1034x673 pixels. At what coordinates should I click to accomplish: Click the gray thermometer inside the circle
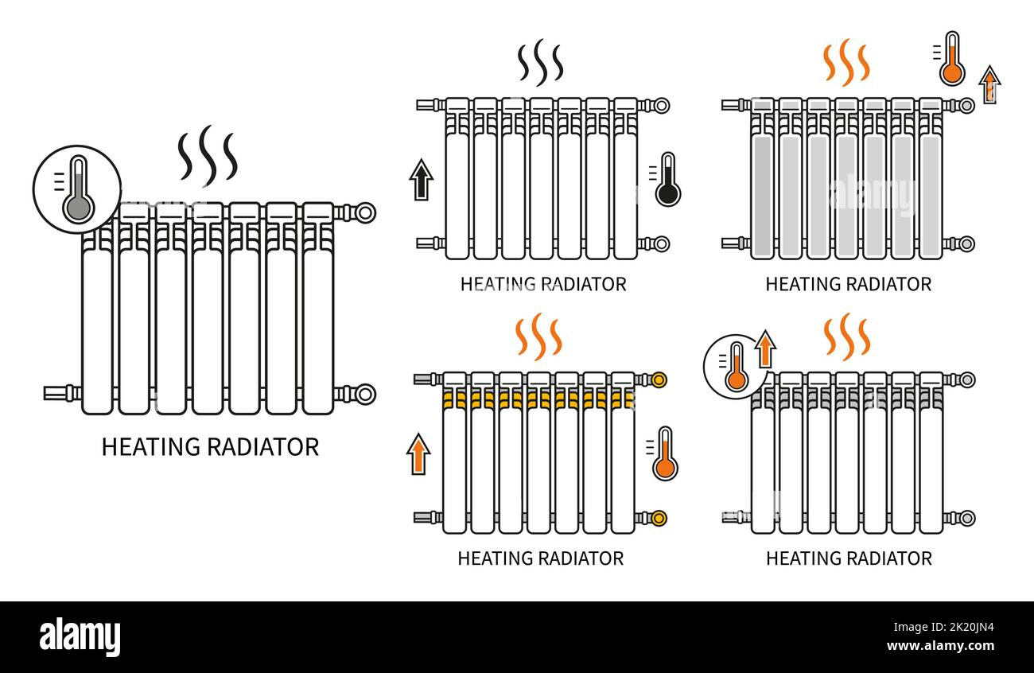77,189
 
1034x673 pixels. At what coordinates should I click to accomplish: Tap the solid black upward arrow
421,180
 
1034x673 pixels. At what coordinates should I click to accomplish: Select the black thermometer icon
667,180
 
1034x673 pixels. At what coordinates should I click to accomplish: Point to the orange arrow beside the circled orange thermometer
765,349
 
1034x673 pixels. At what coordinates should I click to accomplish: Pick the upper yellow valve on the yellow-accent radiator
659,379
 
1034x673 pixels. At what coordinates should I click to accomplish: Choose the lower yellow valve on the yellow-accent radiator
659,518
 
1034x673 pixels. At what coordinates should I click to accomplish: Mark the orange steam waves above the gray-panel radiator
845,62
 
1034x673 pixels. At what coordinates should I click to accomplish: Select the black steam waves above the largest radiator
208,153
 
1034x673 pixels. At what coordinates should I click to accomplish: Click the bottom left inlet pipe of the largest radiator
60,393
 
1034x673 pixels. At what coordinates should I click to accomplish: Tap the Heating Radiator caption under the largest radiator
210,447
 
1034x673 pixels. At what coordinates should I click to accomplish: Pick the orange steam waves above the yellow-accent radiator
538,336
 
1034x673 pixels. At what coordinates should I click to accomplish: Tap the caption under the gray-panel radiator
848,284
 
